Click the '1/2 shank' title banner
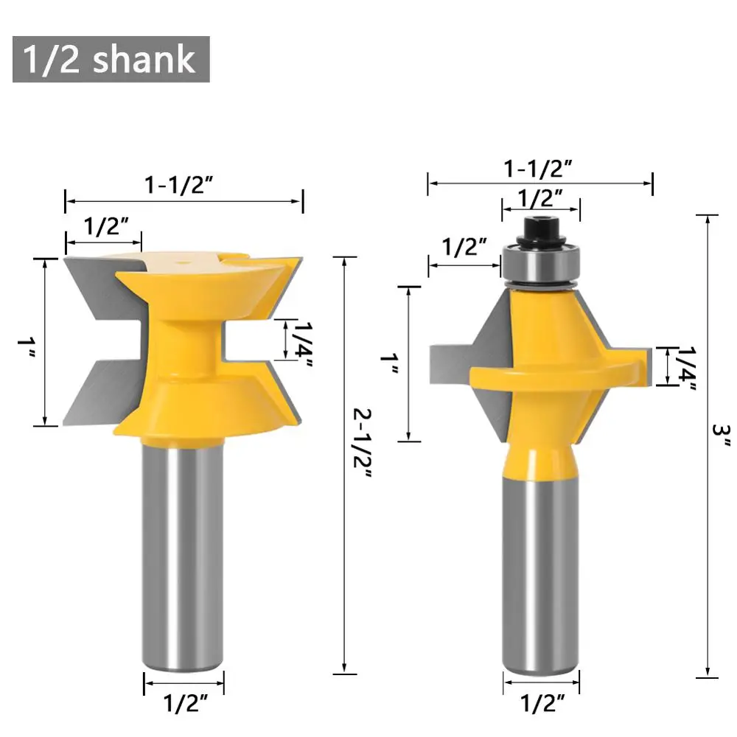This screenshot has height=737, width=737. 111,59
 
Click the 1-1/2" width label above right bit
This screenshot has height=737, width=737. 538,169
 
